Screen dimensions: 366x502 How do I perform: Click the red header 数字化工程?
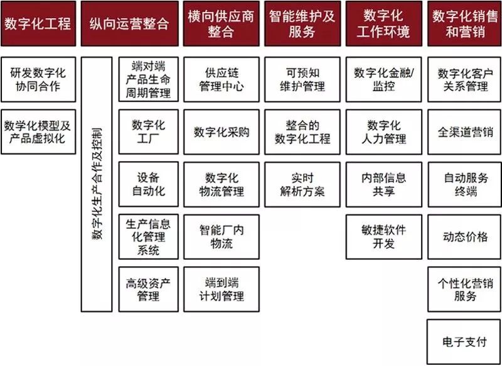[x=38, y=24]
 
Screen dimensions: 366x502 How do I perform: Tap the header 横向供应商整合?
[x=221, y=24]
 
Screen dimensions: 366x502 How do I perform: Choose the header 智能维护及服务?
[x=302, y=24]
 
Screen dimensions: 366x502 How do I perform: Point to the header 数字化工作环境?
[x=383, y=24]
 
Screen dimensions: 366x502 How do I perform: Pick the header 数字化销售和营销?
[x=464, y=24]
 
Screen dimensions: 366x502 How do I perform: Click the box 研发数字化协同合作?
[x=38, y=79]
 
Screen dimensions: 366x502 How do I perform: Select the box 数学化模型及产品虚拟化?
[x=38, y=131]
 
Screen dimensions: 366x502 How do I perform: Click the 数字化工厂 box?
[x=149, y=131]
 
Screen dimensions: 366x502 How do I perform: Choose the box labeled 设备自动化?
[x=149, y=184]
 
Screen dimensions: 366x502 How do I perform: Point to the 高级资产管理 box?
[x=149, y=289]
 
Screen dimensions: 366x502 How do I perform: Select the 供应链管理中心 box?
[x=221, y=79]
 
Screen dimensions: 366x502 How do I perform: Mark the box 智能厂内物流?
[x=221, y=236]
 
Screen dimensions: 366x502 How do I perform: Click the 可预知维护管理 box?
[x=302, y=79]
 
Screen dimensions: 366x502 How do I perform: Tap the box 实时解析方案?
[x=302, y=184]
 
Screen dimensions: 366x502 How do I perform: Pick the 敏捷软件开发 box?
[x=383, y=236]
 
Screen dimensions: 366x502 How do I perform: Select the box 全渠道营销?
[x=464, y=132]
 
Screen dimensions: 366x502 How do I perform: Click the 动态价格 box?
[x=464, y=236]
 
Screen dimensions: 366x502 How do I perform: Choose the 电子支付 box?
[x=464, y=341]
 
